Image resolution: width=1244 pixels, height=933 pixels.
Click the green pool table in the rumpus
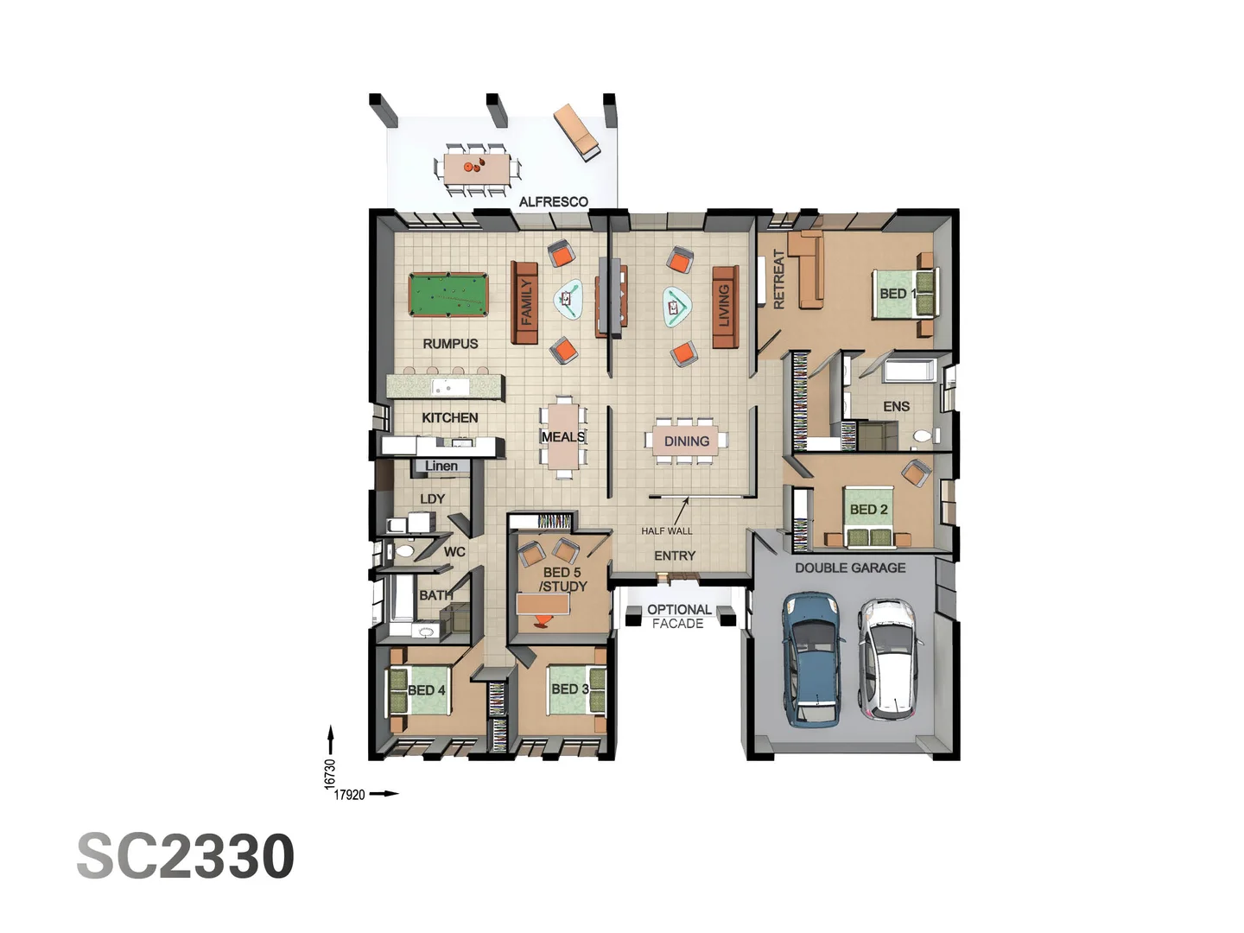(x=447, y=295)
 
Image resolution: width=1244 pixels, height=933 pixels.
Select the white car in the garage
(x=889, y=659)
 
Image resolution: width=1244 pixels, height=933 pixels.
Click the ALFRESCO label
(x=553, y=202)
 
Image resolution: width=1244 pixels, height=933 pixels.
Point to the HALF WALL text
(x=666, y=531)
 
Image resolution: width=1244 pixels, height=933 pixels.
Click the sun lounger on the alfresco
(x=577, y=131)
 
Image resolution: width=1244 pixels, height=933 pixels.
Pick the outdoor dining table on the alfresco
(x=477, y=166)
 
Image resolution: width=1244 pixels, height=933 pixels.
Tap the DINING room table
(x=686, y=441)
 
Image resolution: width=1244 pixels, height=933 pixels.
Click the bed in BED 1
(x=904, y=294)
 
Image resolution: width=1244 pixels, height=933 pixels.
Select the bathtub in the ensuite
(x=908, y=371)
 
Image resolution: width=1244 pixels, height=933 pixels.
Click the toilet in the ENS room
(x=923, y=436)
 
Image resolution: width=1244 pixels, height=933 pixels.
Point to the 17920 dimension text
(x=350, y=795)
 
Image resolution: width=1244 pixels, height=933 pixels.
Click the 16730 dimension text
(x=329, y=773)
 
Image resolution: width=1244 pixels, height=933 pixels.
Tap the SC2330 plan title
(x=186, y=857)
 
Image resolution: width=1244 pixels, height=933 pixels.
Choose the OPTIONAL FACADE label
(x=679, y=616)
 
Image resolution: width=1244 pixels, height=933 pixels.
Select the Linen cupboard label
(x=441, y=466)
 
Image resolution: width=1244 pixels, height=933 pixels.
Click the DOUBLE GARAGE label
(x=850, y=568)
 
